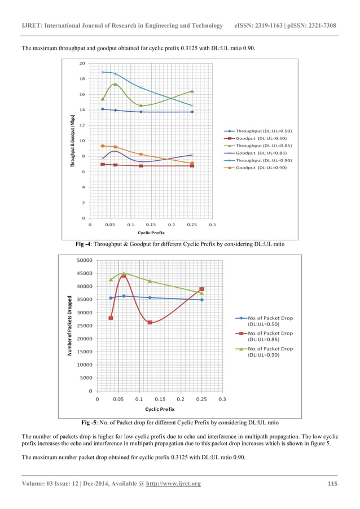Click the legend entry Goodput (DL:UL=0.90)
pos(261,168)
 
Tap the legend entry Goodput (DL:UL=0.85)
pos(261,153)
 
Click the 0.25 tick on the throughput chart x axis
pos(192,224)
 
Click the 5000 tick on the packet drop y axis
pos(86,378)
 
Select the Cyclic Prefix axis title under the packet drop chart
pos(160,409)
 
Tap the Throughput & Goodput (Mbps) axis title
pos(73,141)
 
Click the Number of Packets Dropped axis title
pos(69,326)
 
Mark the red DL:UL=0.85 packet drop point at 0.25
pos(201,289)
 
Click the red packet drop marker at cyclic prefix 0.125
pos(150,322)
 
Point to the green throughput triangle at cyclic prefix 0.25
pos(192,91)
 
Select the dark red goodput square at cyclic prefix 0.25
pos(192,166)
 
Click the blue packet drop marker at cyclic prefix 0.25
pos(201,300)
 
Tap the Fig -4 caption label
pos(87,244)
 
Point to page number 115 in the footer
pos(332,484)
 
